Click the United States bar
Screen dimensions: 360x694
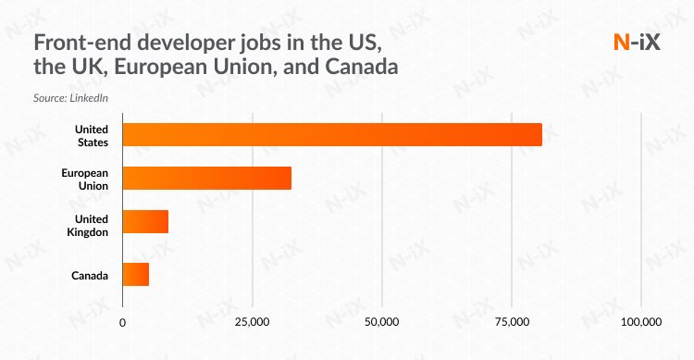pos(331,134)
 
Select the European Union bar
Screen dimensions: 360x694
pos(206,178)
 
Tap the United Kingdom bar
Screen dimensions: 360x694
pos(145,222)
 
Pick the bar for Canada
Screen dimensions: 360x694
pos(135,274)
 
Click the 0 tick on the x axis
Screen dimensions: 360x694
pos(123,322)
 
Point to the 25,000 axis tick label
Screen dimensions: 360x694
pos(252,322)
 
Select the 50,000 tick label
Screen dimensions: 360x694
pos(381,322)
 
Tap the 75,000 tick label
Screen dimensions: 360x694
pos(512,322)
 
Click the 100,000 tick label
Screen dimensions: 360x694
pos(640,322)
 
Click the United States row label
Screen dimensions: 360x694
pos(93,134)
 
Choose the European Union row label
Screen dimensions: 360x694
pos(85,179)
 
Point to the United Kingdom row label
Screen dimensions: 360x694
pos(92,224)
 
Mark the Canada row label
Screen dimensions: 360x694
pos(91,275)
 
